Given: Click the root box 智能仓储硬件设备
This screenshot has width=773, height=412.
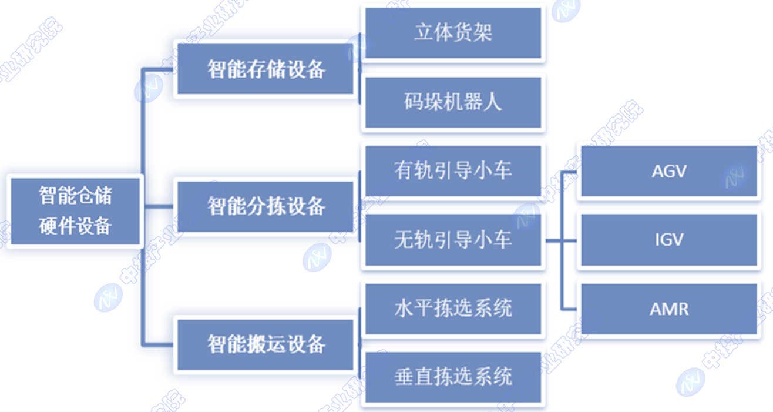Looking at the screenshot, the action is pos(75,212).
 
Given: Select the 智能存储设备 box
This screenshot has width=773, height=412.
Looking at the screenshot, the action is pos(265,69).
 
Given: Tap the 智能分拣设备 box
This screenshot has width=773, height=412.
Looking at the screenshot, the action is pos(265,206).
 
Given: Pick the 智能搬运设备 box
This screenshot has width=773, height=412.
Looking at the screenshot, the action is pos(265,344).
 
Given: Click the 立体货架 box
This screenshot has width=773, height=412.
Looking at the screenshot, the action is pos(453,33).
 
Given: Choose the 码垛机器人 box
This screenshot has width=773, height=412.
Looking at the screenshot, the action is pos(453,103).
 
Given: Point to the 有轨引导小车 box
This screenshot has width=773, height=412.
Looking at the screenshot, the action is pos(453,171).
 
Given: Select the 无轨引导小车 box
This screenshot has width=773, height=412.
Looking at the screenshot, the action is pos(453,240).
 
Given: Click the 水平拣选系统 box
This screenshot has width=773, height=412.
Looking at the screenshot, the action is pos(453,309).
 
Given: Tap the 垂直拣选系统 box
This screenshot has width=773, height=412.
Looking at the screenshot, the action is pos(453,377).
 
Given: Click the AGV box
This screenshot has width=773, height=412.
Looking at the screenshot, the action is pos(669,171).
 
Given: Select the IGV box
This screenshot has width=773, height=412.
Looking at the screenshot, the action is pos(669,240).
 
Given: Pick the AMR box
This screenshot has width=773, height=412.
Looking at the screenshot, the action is pos(669,309).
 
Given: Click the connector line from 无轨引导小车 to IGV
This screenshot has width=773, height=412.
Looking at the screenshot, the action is pos(561,241).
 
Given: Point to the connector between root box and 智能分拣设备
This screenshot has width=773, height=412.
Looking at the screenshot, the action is pos(159,206).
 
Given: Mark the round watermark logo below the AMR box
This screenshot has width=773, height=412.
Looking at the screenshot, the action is pos(691,382).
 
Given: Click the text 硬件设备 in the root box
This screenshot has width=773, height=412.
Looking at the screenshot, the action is pos(75,226).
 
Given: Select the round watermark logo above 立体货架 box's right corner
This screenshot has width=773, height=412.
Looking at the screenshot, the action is pos(566,9).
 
